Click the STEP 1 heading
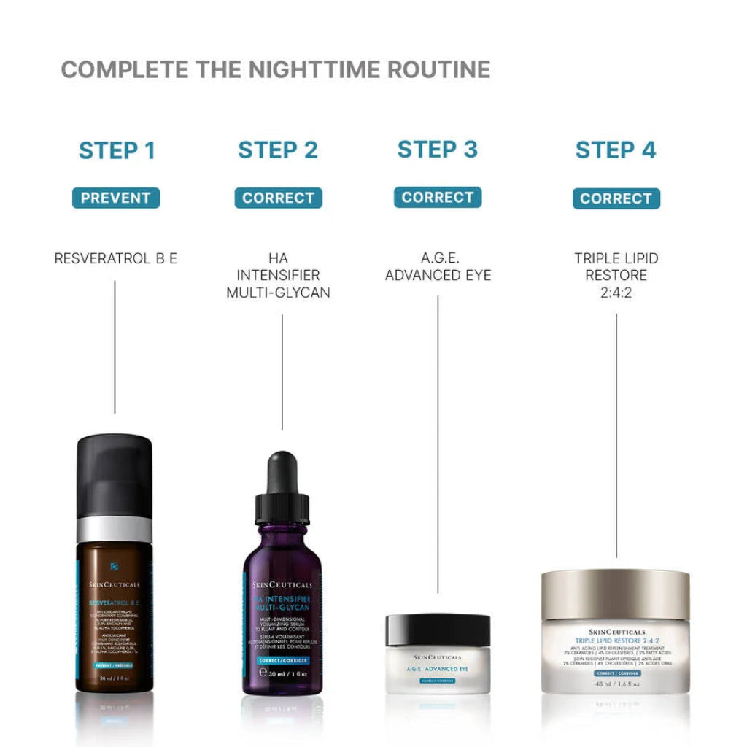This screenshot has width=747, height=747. tap(117, 150)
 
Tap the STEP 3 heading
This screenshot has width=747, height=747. tap(437, 149)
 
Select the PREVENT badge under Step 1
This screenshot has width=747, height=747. tap(115, 198)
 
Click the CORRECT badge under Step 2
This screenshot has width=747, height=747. tap(278, 198)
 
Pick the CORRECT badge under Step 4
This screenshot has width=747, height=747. tap(616, 198)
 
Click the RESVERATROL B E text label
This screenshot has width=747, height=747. tap(115, 258)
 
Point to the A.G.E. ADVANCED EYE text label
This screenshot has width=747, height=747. tap(438, 267)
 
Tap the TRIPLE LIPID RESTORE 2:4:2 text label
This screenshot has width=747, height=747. tap(616, 276)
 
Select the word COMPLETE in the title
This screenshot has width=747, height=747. tap(124, 70)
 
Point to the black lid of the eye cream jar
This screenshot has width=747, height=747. tap(438, 629)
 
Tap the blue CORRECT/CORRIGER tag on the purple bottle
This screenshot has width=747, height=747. tap(283, 659)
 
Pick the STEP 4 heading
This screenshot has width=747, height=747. tap(616, 150)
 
